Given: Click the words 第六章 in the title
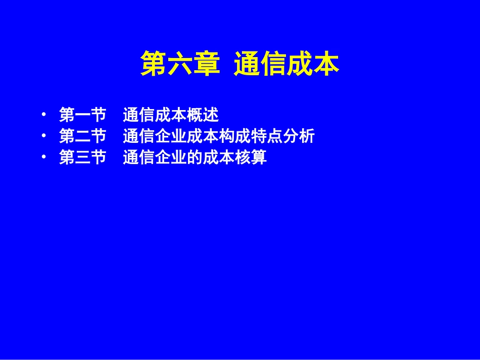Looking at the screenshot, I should (x=180, y=64).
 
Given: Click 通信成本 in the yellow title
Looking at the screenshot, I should (x=286, y=64).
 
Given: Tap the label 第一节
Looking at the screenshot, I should (x=82, y=115).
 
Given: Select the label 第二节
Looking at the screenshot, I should (x=82, y=136).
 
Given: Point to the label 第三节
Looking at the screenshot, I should (x=82, y=158).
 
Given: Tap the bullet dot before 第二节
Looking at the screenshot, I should (x=45, y=136).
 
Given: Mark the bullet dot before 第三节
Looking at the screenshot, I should (x=45, y=158).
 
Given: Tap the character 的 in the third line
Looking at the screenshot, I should (x=195, y=158).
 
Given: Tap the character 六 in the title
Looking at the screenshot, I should (x=180, y=64).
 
